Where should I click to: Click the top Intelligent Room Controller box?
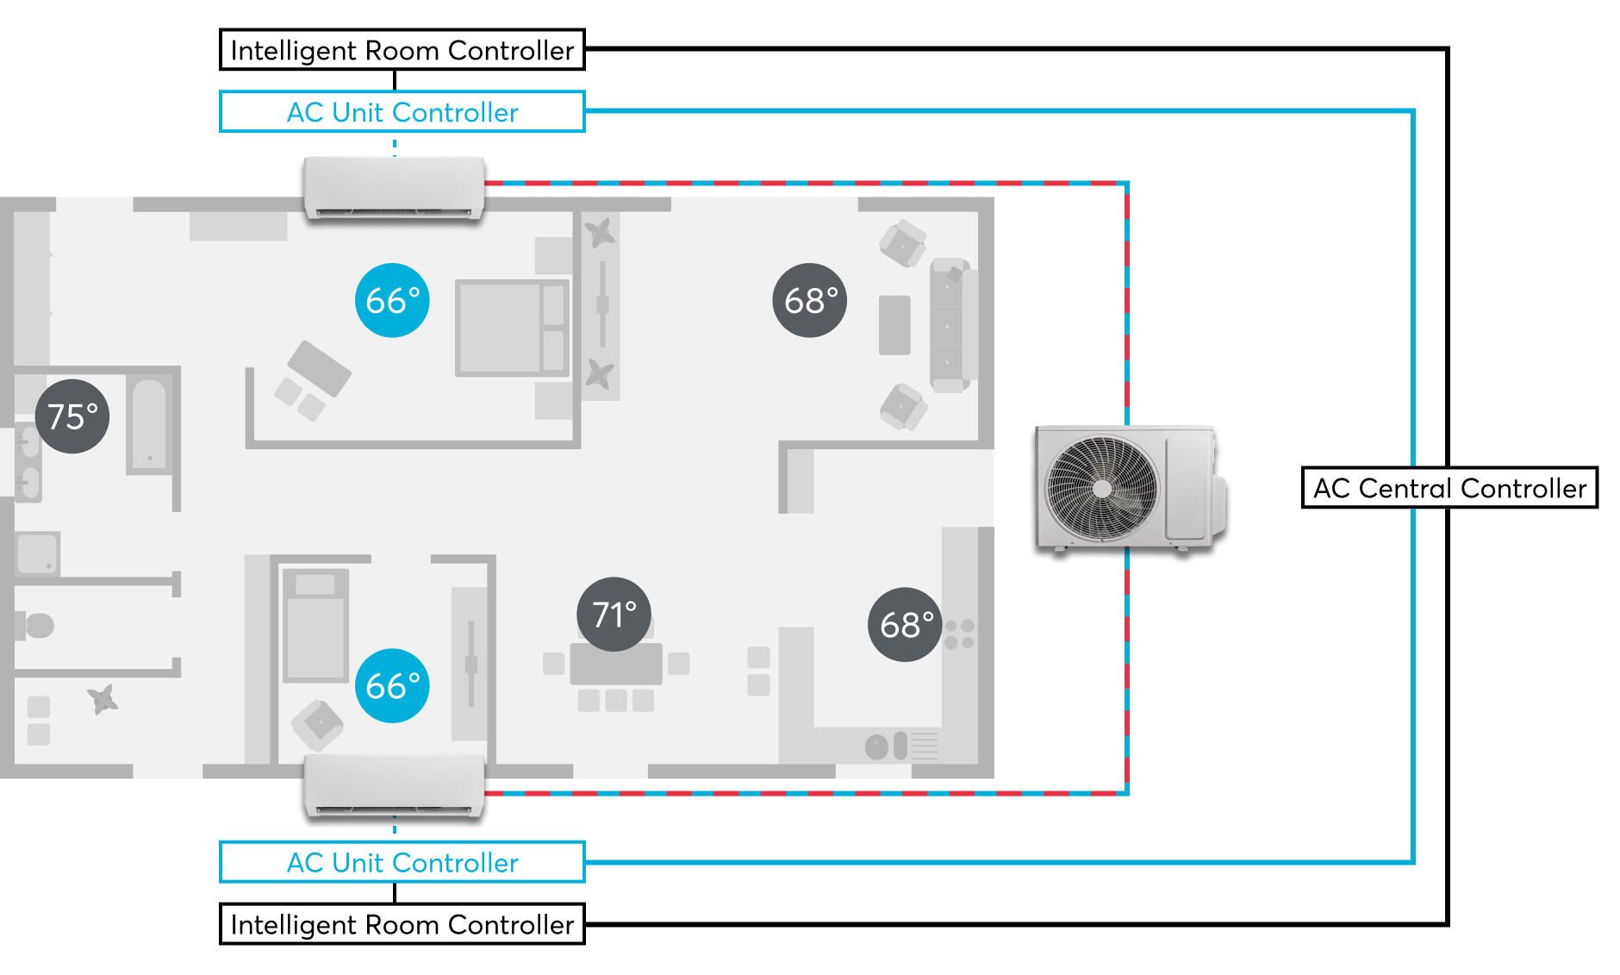click(x=402, y=50)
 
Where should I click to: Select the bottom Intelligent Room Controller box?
click(x=402, y=924)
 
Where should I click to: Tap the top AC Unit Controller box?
click(x=402, y=112)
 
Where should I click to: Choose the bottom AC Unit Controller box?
click(x=402, y=862)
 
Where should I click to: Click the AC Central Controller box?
click(x=1449, y=488)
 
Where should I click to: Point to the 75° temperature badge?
click(x=72, y=416)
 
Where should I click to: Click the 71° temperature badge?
click(x=614, y=614)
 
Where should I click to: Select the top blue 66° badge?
click(x=392, y=300)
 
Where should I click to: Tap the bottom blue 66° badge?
click(x=392, y=685)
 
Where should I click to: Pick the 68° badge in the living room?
click(x=810, y=300)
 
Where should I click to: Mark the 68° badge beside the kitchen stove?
click(x=905, y=625)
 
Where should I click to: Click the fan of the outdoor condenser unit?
click(x=1102, y=489)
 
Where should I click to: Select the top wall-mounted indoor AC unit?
click(x=394, y=187)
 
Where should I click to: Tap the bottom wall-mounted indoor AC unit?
click(x=394, y=785)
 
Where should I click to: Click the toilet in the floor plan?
click(x=36, y=625)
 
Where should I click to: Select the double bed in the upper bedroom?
click(x=512, y=328)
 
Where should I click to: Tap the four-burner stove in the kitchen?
click(x=959, y=634)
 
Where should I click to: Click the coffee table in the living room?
click(x=894, y=325)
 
